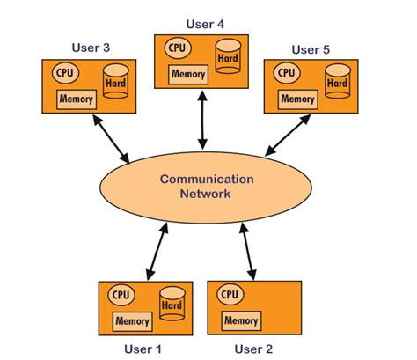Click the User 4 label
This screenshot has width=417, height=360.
(x=205, y=24)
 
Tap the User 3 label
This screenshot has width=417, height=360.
(x=91, y=48)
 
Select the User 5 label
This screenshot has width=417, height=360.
(x=311, y=49)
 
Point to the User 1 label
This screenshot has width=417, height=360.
(x=143, y=349)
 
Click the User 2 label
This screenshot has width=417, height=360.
(x=253, y=349)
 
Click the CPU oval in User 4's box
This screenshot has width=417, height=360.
(x=178, y=48)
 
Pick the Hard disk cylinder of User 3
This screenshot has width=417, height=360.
(x=116, y=81)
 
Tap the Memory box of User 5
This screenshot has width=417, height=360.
(x=298, y=99)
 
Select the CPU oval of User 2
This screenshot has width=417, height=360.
(x=230, y=294)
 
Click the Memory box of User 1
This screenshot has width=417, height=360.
(x=133, y=321)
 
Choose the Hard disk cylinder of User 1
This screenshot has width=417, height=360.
(x=172, y=304)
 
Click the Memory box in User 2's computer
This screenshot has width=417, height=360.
(x=241, y=320)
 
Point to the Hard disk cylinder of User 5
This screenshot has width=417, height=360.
(x=338, y=81)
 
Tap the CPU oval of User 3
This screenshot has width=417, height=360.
(x=65, y=73)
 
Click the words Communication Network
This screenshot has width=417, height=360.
(x=206, y=187)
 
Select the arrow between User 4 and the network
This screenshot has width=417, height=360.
(x=202, y=120)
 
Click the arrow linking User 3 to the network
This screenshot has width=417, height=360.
(x=111, y=138)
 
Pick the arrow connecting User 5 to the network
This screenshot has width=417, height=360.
(x=288, y=135)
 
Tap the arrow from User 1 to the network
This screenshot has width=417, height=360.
(x=157, y=252)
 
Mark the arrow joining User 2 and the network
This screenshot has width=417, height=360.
(x=248, y=252)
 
